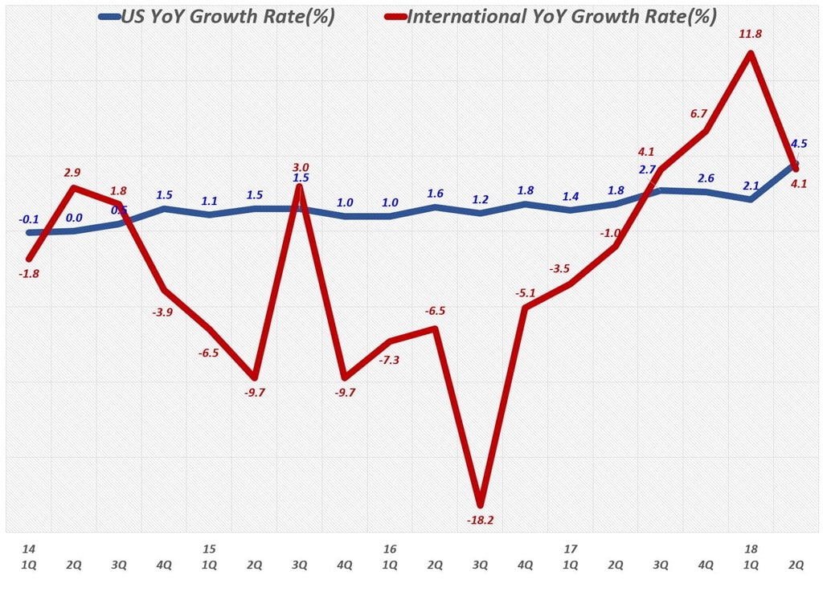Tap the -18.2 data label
coord(481,521)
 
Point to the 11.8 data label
coord(750,34)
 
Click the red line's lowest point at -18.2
coord(481,503)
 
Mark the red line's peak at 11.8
coord(750,54)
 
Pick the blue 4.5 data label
coord(799,144)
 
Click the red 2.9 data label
coord(72,172)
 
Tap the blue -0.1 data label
coord(29,218)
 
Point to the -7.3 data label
coord(389,360)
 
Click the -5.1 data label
coord(526,293)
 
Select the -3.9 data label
coord(163,312)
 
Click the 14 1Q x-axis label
coord(29,557)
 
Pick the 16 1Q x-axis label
coord(390,557)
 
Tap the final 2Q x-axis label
coord(796,564)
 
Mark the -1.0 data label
coord(612,233)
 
